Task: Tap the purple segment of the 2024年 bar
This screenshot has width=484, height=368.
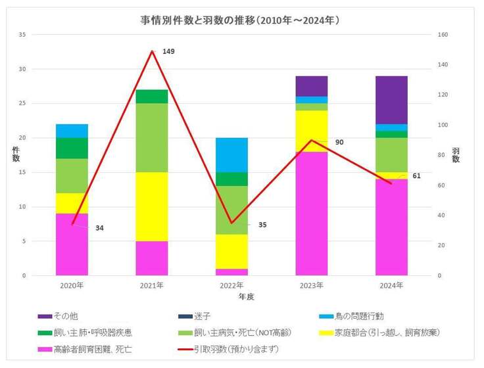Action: (391, 99)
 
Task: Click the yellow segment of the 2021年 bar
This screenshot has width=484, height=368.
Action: (152, 206)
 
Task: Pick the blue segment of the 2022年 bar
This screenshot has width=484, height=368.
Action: (231, 154)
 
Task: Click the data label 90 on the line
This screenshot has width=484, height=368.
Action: (339, 142)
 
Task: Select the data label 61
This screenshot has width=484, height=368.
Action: (416, 176)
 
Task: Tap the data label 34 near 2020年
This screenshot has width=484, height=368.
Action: (99, 228)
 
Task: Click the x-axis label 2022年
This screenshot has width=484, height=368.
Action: (231, 285)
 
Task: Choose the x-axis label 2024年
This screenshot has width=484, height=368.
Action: (391, 285)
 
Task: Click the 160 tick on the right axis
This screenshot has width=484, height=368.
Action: (444, 35)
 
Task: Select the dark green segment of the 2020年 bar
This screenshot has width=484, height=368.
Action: (72, 148)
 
